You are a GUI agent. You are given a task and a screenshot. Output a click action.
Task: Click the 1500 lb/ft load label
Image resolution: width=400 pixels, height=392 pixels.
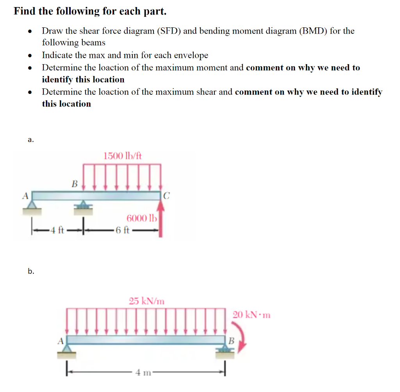(123, 156)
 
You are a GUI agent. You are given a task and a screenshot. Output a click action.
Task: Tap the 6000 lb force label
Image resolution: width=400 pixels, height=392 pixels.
(141, 218)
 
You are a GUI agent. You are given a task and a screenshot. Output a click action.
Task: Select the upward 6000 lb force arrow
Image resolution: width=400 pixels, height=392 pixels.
(161, 219)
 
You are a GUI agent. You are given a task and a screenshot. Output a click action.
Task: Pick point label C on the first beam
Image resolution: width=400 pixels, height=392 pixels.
(166, 196)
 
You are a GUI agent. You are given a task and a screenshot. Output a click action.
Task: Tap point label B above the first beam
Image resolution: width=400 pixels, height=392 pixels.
(75, 183)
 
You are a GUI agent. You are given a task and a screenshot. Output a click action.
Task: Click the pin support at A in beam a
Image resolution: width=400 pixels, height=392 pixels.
(32, 206)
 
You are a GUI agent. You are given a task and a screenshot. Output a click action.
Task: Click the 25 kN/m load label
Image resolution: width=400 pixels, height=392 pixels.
(146, 301)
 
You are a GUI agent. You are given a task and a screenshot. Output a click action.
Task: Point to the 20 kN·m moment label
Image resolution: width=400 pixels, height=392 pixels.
(252, 315)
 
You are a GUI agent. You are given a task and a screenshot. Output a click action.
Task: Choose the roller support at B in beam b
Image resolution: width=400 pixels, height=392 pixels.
(225, 351)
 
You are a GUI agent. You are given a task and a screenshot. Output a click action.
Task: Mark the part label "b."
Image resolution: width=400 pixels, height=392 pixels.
(31, 271)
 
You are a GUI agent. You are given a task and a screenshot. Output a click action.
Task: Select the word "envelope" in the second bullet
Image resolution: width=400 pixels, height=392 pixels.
(192, 55)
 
